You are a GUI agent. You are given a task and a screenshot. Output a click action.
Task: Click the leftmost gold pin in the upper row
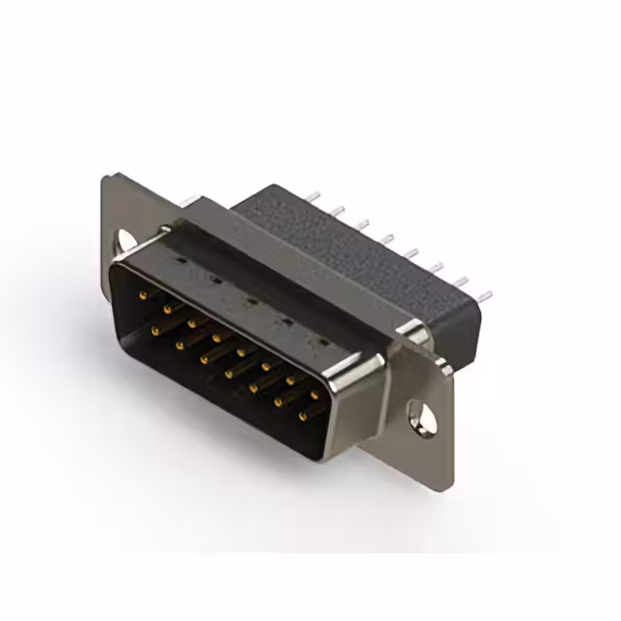click(x=143, y=293)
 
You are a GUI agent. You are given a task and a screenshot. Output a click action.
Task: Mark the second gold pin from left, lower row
click(x=180, y=344)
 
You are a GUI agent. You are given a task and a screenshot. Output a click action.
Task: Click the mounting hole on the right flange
click(x=420, y=414)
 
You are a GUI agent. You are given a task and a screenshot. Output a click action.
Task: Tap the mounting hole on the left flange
click(x=126, y=238)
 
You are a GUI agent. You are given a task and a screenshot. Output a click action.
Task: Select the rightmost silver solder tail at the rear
click(x=486, y=294)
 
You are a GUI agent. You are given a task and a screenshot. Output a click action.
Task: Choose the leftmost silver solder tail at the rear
click(x=312, y=197)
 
